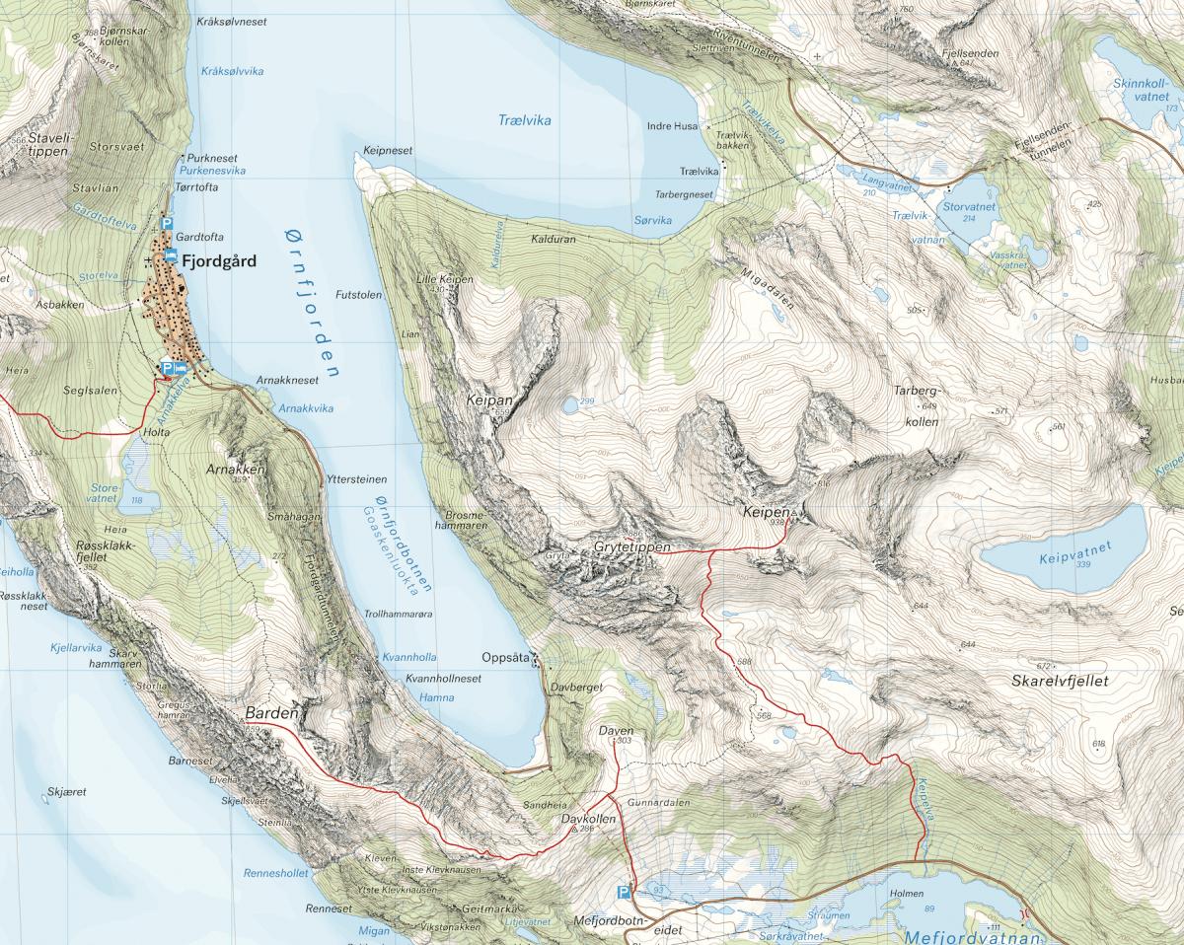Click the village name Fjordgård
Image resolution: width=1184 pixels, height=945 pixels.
[219, 262]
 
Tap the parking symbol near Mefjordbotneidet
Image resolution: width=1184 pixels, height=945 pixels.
[623, 893]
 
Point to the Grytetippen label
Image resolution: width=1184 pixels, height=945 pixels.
[632, 546]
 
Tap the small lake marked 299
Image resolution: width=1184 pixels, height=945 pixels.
[569, 404]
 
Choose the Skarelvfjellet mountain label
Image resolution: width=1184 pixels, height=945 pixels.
[1061, 682]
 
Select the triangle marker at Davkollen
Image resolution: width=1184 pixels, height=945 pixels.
[575, 830]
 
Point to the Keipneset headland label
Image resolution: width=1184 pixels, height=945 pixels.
[388, 151]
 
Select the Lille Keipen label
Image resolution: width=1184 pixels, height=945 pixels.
[446, 280]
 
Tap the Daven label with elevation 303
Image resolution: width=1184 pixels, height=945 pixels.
[615, 731]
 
